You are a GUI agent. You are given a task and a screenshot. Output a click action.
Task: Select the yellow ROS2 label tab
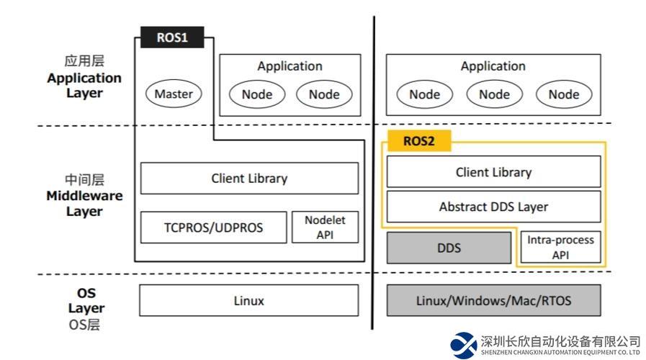pos(418,141)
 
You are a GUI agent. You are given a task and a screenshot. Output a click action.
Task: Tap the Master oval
pos(174,94)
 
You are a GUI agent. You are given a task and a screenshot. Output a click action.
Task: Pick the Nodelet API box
pos(324,228)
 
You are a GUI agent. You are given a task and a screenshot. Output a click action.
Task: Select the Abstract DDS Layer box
pos(493,207)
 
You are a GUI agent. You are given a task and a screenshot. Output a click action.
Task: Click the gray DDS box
pos(449,248)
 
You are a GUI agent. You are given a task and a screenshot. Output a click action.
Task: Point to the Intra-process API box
pos(561,248)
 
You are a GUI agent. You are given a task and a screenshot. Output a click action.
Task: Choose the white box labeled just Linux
pos(248,300)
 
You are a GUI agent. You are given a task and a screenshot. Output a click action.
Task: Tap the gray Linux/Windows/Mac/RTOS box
pos(493,300)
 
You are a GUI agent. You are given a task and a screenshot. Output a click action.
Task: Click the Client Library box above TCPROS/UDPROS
pos(248,178)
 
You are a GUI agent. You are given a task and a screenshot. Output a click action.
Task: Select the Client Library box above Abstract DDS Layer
pos(493,172)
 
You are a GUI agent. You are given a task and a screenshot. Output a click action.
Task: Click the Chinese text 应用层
pos(84,62)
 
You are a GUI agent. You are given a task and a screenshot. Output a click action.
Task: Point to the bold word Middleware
pos(84,196)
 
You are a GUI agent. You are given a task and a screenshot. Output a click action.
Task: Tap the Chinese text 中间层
pos(84,180)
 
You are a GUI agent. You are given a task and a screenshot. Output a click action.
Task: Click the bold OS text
pos(86,293)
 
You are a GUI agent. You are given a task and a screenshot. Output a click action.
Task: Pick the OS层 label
pos(84,324)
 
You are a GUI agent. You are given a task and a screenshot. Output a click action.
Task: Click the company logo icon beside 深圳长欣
pos(464,346)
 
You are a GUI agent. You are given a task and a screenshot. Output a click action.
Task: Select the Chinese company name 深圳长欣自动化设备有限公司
pos(560,341)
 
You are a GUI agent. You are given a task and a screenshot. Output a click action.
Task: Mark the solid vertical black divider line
pos(374,173)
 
